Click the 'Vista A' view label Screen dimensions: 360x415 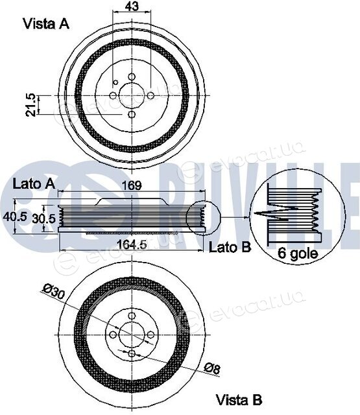(46, 24)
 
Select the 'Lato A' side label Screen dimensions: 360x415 (34, 184)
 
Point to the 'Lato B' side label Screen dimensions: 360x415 (230, 248)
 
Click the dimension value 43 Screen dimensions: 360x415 (132, 6)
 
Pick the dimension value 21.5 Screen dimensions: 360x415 (31, 105)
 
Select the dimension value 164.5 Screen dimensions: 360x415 (132, 244)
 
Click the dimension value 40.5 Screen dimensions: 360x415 (15, 217)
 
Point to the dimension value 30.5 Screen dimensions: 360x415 (43, 219)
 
